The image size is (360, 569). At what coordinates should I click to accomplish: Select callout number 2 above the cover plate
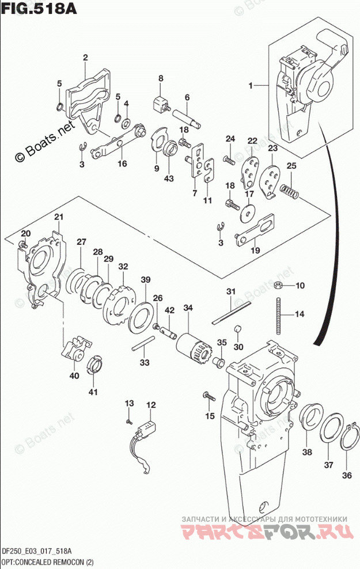[x=85, y=57]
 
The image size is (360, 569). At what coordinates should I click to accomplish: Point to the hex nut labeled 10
[x=277, y=285]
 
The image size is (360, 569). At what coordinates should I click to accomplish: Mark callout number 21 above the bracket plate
[x=58, y=217]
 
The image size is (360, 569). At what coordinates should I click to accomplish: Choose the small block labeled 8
[x=158, y=105]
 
